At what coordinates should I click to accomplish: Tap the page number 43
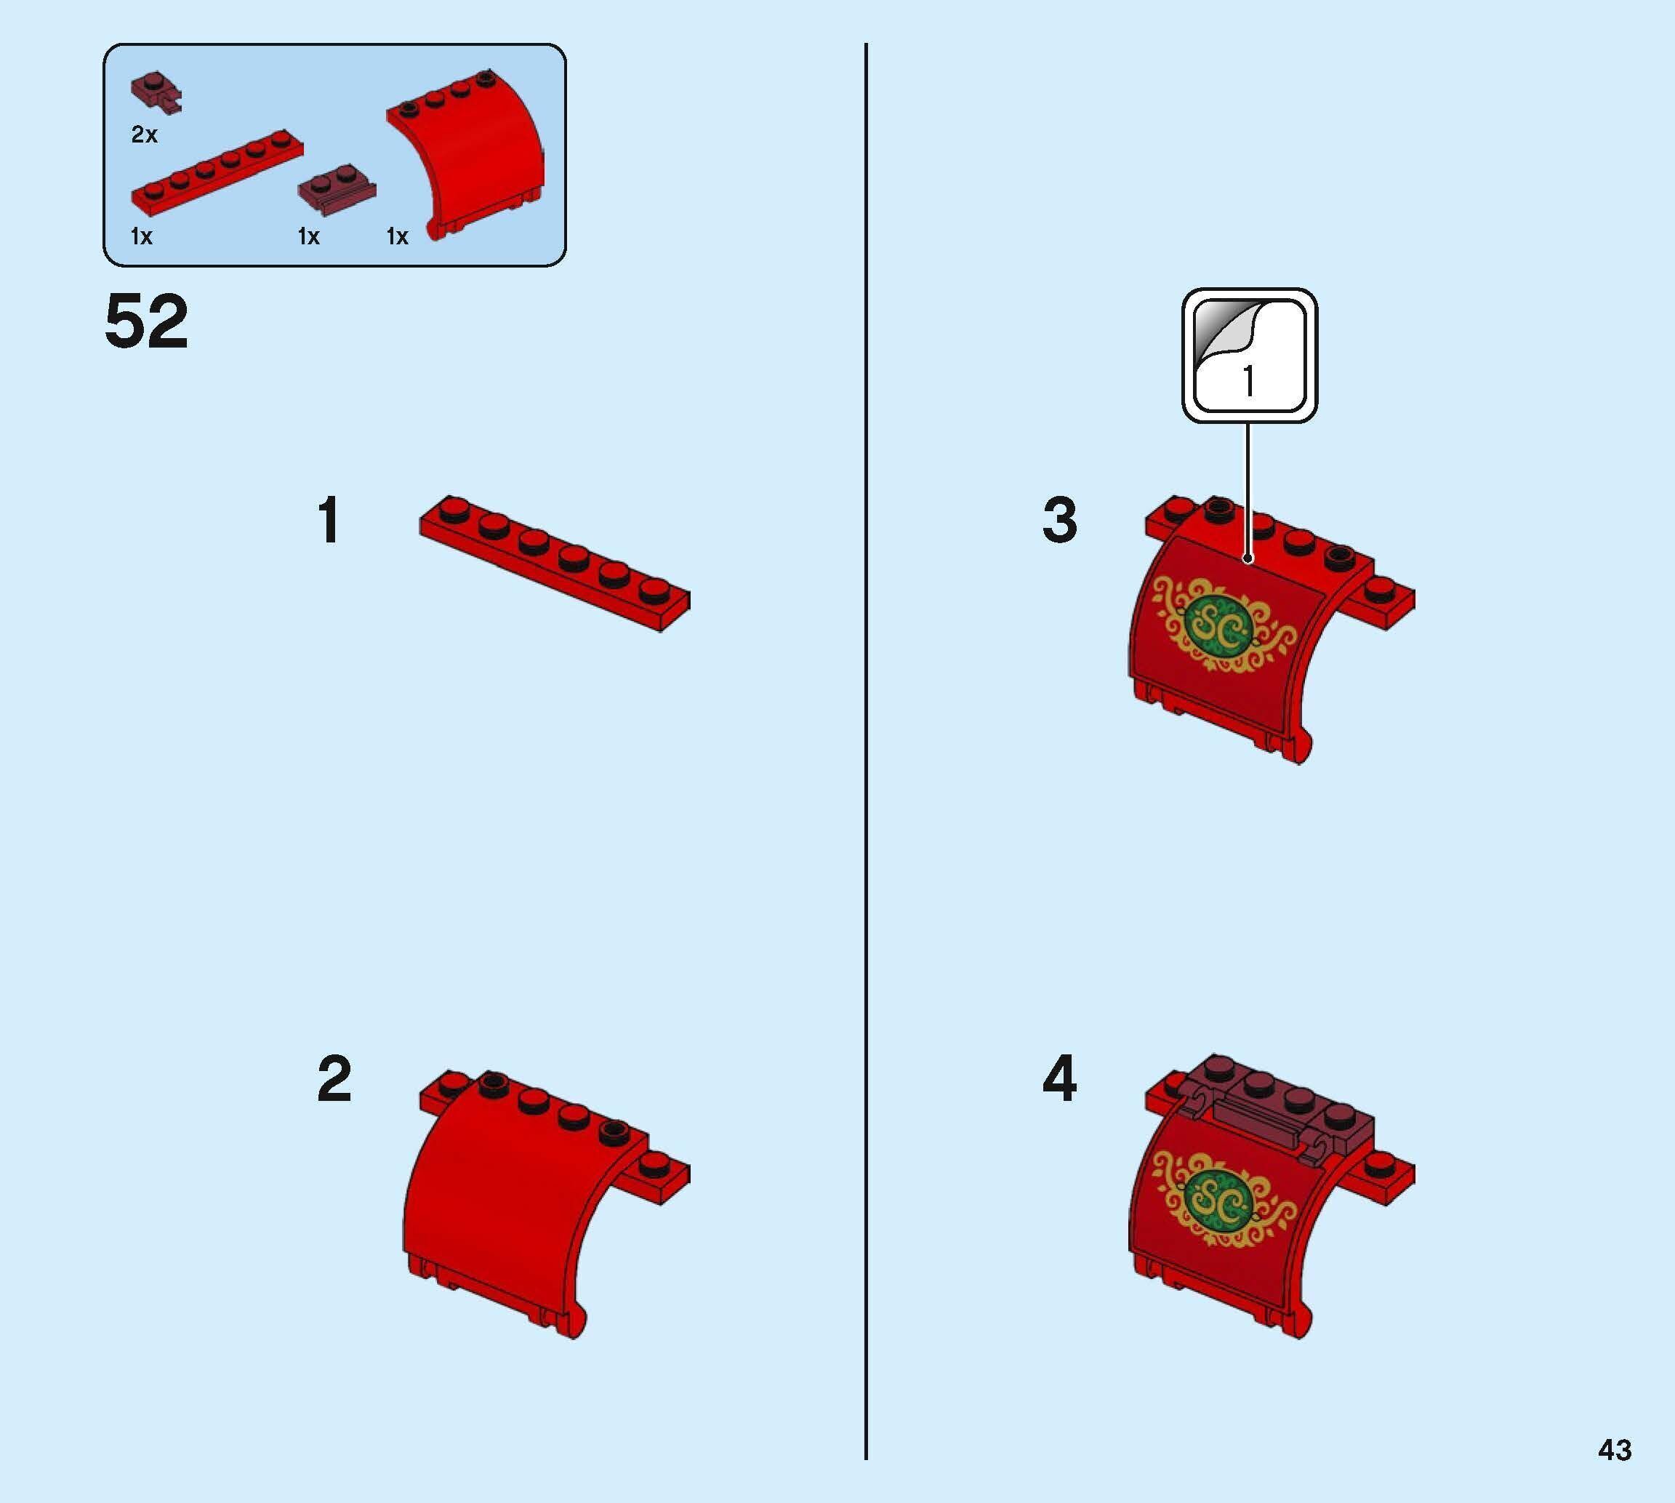point(1614,1449)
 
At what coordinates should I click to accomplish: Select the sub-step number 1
point(329,521)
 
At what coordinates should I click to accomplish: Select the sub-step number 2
point(334,1079)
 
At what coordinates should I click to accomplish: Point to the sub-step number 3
point(1059,521)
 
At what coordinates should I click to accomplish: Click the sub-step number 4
point(1059,1079)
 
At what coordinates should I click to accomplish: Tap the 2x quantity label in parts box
point(145,135)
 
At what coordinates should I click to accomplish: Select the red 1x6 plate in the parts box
point(217,176)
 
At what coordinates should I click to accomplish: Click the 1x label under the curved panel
point(397,237)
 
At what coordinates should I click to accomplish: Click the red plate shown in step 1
point(554,564)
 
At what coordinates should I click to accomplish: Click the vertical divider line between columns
point(866,743)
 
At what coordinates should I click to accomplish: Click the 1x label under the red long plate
point(141,237)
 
